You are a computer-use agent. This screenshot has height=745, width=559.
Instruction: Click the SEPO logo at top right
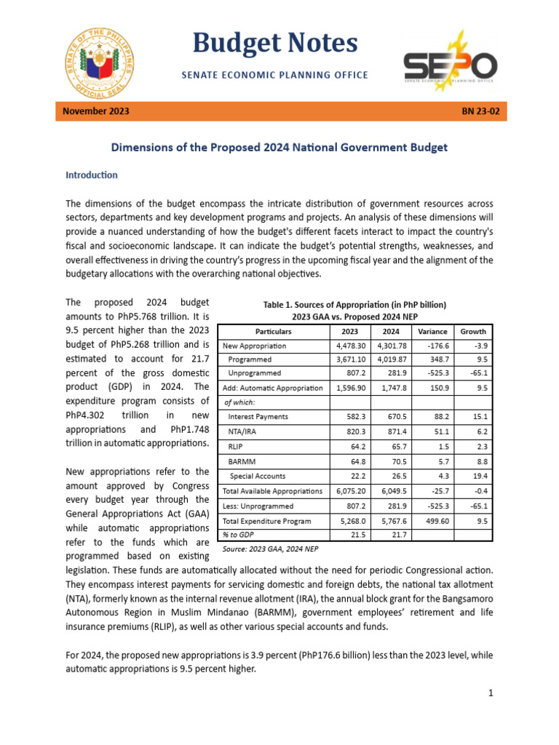tap(451, 62)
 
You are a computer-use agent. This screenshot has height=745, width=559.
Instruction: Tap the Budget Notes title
tap(275, 44)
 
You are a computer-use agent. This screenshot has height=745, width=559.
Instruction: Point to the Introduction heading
tap(91, 175)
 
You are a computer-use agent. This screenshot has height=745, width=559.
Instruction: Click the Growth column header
tap(473, 331)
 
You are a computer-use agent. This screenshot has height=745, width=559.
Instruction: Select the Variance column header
tap(432, 331)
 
